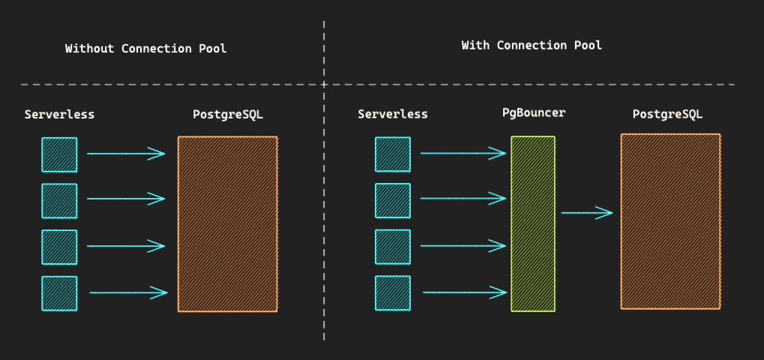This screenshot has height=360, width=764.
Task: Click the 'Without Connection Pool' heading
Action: tap(145, 49)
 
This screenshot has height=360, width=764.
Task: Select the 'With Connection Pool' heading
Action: tap(532, 45)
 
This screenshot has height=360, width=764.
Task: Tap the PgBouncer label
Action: tap(534, 113)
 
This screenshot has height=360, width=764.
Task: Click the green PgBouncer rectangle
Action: tap(533, 223)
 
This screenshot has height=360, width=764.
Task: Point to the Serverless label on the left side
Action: tap(59, 115)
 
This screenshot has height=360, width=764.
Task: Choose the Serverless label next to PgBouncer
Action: tap(393, 115)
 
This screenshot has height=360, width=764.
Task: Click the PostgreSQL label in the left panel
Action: tap(227, 115)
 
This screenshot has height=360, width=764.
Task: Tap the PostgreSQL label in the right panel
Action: tap(667, 115)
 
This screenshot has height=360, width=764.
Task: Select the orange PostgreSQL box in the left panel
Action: tap(227, 224)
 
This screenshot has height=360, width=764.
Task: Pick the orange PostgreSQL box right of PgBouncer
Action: tap(670, 221)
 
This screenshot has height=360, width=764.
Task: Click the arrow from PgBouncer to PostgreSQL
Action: tap(586, 213)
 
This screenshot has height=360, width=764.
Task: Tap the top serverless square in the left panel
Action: tap(59, 155)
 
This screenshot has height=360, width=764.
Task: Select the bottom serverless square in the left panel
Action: tap(59, 293)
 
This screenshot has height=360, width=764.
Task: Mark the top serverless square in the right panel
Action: tap(393, 154)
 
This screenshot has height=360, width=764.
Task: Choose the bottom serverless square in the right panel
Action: tap(393, 292)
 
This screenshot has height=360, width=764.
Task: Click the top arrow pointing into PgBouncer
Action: tap(463, 154)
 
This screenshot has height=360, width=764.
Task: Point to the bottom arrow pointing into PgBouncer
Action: tap(466, 292)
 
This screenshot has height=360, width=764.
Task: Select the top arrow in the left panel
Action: tap(126, 154)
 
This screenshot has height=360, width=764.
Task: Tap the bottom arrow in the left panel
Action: tap(129, 292)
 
